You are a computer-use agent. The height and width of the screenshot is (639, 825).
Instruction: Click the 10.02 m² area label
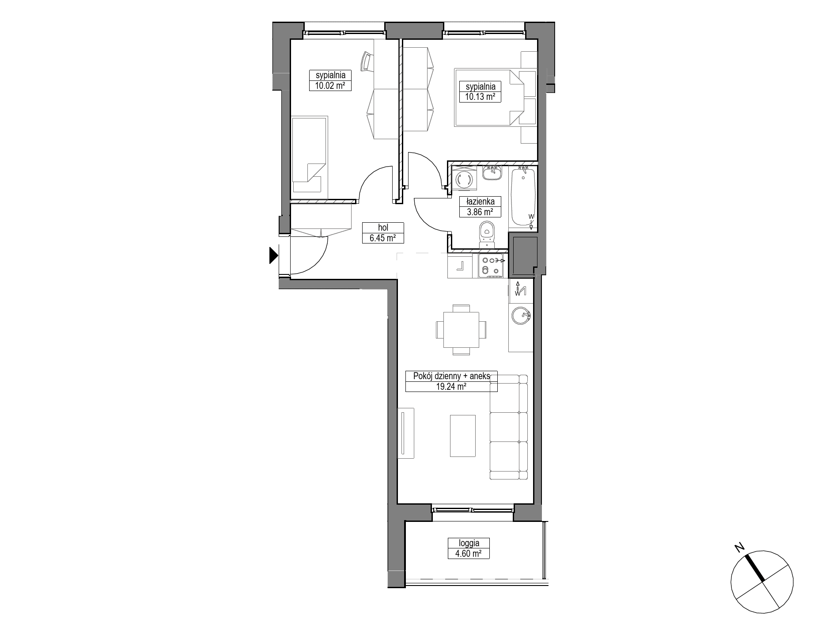coord(330,86)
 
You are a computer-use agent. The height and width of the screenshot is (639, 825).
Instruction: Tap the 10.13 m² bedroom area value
coord(480,97)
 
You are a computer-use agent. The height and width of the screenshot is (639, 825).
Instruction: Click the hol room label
coord(383,228)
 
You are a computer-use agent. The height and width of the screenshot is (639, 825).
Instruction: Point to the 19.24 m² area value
coord(451,386)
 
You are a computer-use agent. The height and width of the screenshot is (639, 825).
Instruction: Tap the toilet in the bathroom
coord(487,236)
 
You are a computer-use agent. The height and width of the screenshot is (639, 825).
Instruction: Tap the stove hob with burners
coord(491,266)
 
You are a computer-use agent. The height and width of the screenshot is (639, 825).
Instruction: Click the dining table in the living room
coord(461,330)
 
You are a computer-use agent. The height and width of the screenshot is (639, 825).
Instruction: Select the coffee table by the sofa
coord(463,436)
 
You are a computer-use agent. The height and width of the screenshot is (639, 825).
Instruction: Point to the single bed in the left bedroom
coord(310,154)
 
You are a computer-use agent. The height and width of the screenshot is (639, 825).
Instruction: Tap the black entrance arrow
coord(274,255)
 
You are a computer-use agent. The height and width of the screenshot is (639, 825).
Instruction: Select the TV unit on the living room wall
coord(405,433)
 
